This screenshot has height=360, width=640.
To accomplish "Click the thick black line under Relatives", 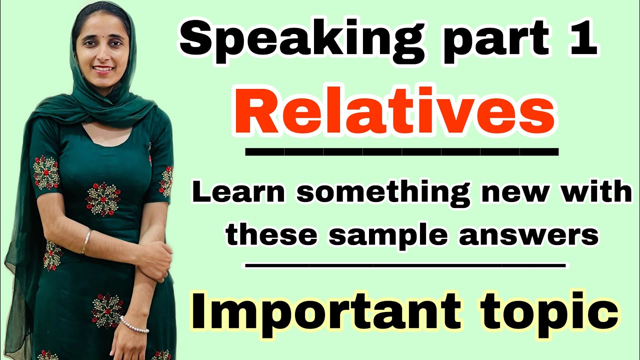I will point(402,151).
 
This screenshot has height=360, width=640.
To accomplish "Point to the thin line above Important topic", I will point(405,265).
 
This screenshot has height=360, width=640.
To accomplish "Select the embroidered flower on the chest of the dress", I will point(102,198).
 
